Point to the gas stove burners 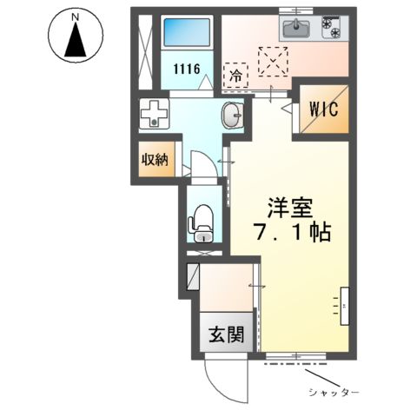[x=333, y=30]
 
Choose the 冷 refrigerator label [x=234, y=76]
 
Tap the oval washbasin [x=231, y=114]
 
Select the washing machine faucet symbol [x=154, y=114]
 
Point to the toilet [x=201, y=222]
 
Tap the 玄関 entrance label [x=224, y=333]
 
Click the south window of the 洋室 [x=297, y=356]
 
